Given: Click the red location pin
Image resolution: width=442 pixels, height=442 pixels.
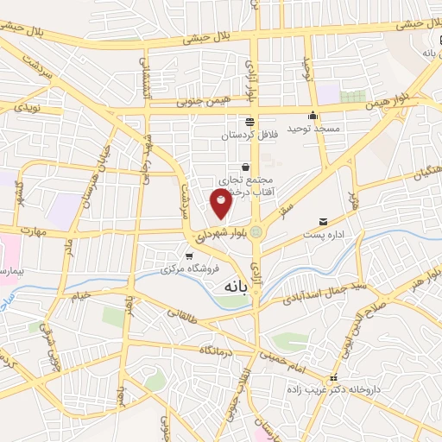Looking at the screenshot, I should pos(221,202).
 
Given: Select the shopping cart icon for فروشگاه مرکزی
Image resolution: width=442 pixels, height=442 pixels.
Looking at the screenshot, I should pos(189,256).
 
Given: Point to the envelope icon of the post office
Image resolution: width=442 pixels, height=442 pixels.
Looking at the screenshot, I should pos(324,222).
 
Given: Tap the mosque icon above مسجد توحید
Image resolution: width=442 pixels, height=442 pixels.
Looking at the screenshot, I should pos(313,116).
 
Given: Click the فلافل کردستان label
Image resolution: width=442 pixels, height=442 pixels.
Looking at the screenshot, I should pos(249,136).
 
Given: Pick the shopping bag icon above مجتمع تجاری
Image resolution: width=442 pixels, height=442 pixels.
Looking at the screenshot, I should pos(246,167).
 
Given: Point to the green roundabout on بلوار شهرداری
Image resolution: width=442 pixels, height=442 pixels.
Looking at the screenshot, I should pos(256,231).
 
